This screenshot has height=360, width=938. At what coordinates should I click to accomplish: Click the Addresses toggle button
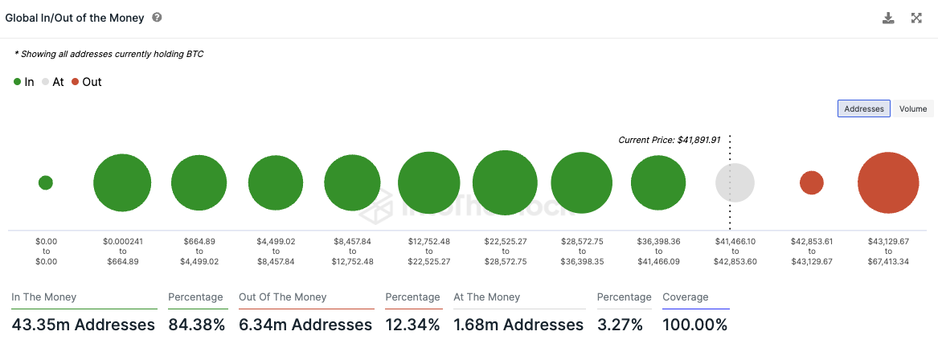pos(863,108)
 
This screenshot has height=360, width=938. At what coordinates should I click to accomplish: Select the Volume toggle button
pos(912,108)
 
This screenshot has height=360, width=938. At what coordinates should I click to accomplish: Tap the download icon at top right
pos(888,18)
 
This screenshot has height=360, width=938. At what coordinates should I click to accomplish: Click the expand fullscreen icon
pos(916,18)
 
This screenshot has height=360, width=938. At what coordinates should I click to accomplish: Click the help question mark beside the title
pos(157,18)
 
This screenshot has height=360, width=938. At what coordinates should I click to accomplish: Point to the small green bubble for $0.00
pos(46,182)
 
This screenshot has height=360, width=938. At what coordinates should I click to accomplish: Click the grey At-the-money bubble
pos(735,182)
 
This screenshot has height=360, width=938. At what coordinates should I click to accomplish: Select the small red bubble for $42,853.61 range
pos(812,182)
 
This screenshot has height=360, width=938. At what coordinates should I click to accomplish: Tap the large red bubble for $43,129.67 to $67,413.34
pos(888,182)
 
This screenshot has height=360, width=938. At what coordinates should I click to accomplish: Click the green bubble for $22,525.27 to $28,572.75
pos(505,182)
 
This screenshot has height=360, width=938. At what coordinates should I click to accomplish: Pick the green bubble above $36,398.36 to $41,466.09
pos(658,182)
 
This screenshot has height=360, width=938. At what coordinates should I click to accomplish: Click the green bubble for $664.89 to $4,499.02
pos(199,182)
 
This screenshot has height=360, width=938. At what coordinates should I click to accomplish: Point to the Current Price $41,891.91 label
pos(669,140)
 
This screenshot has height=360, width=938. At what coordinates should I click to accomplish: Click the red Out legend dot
pos(76,82)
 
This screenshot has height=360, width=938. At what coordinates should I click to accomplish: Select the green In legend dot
pos(18,82)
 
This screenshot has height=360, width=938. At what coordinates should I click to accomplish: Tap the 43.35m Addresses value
pos(83,325)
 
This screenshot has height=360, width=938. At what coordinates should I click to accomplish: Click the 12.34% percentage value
pos(412,325)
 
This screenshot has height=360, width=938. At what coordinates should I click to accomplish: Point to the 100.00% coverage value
pos(694,325)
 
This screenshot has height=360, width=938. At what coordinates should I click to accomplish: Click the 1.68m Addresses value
pos(518,325)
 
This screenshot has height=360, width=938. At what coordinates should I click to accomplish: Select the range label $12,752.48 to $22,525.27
pos(428,251)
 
